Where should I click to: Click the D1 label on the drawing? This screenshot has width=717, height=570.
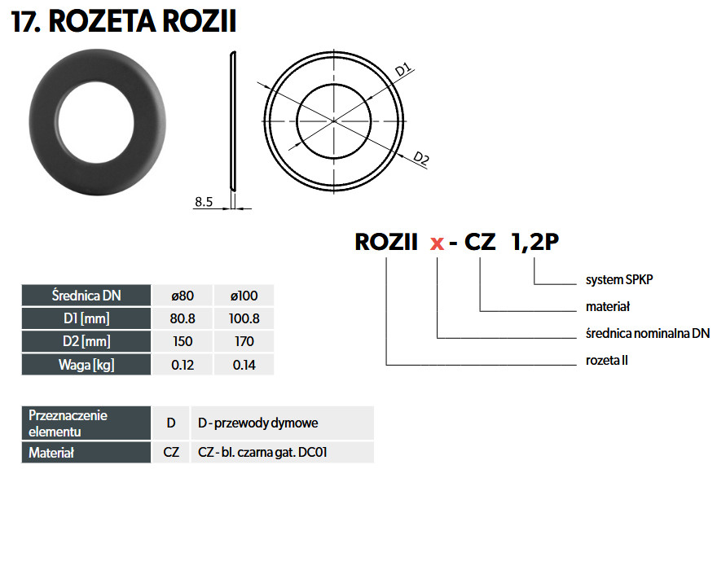[403, 69]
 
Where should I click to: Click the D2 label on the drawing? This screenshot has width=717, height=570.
[421, 158]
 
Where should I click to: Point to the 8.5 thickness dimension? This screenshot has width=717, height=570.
[204, 202]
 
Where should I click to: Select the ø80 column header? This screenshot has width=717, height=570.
[183, 296]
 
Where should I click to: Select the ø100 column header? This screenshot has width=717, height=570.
[244, 296]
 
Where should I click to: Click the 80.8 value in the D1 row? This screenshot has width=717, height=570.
[183, 318]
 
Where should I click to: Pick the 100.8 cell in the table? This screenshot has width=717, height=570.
[244, 318]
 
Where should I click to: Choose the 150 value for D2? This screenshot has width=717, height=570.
[183, 341]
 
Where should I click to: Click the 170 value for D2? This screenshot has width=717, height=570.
[244, 341]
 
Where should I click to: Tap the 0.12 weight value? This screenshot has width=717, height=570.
[183, 365]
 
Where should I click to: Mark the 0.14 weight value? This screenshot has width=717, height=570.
[244, 365]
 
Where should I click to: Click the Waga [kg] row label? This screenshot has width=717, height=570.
[86, 365]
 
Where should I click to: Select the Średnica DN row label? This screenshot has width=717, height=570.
[86, 296]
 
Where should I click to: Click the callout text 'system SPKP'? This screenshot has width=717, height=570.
[619, 279]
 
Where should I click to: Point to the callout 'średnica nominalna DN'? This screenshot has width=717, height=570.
[648, 333]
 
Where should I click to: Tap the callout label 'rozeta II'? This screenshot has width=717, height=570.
[607, 360]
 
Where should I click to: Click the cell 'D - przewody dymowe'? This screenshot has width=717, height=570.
[258, 423]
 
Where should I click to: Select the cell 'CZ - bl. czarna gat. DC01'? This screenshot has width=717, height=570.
[262, 453]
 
